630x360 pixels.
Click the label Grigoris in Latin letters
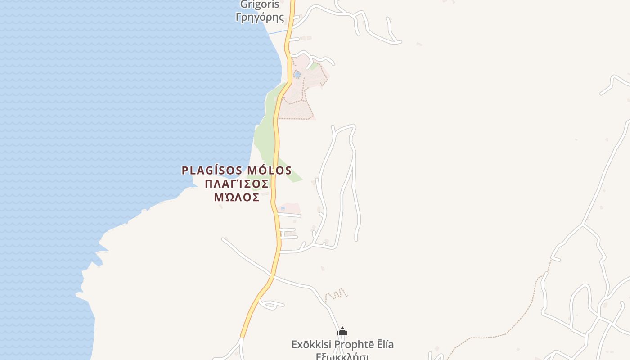click(x=260, y=5)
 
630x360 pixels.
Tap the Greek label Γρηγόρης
click(x=260, y=18)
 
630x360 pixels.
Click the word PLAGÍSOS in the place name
click(x=212, y=171)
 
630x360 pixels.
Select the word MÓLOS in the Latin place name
click(x=270, y=171)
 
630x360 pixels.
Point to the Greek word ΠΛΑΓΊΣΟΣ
click(x=237, y=184)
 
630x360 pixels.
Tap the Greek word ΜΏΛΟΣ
click(x=237, y=198)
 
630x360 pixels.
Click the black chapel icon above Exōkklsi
click(x=342, y=332)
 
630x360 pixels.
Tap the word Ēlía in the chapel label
click(x=385, y=345)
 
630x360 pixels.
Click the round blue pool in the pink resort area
click(x=297, y=74)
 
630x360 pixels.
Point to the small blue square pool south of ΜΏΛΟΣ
click(x=283, y=208)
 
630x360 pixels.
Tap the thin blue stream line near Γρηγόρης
click(x=277, y=32)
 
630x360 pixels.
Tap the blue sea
click(x=112, y=112)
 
